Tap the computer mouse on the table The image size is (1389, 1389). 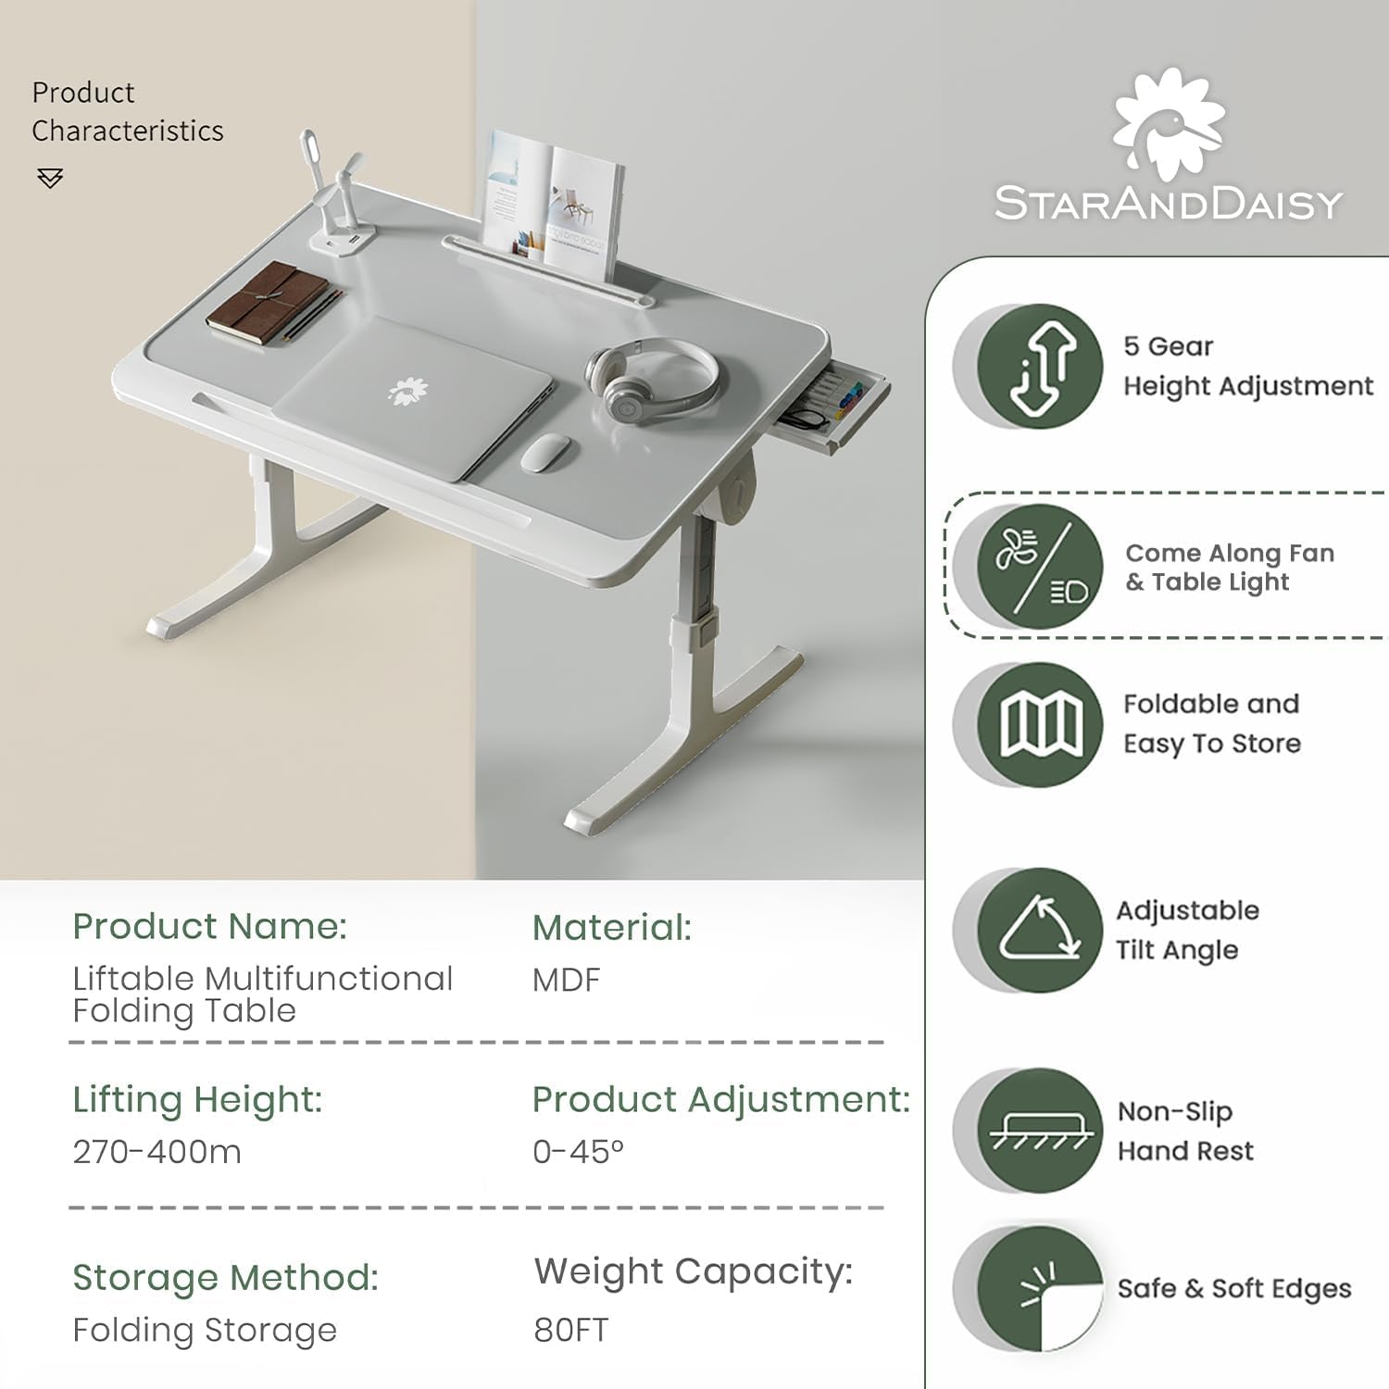[x=545, y=452]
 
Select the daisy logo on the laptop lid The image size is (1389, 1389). [x=407, y=391]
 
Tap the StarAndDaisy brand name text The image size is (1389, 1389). [x=1169, y=204]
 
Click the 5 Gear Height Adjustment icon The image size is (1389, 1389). [x=1040, y=366]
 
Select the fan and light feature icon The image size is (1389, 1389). [x=1040, y=566]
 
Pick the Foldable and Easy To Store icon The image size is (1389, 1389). [x=1040, y=725]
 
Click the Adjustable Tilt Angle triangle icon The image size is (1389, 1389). [x=1040, y=930]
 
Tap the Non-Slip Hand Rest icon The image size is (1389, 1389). [x=1040, y=1131]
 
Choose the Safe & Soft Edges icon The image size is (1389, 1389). [x=1040, y=1289]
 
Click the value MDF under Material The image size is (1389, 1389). [x=567, y=980]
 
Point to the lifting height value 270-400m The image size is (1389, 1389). [x=157, y=1152]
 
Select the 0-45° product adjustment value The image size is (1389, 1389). [x=579, y=1152]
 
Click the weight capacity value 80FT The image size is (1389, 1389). [x=571, y=1330]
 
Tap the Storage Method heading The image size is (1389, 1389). [x=226, y=1278]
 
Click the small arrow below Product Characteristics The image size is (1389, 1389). [x=50, y=178]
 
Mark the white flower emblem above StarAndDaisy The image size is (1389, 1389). [x=1169, y=123]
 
